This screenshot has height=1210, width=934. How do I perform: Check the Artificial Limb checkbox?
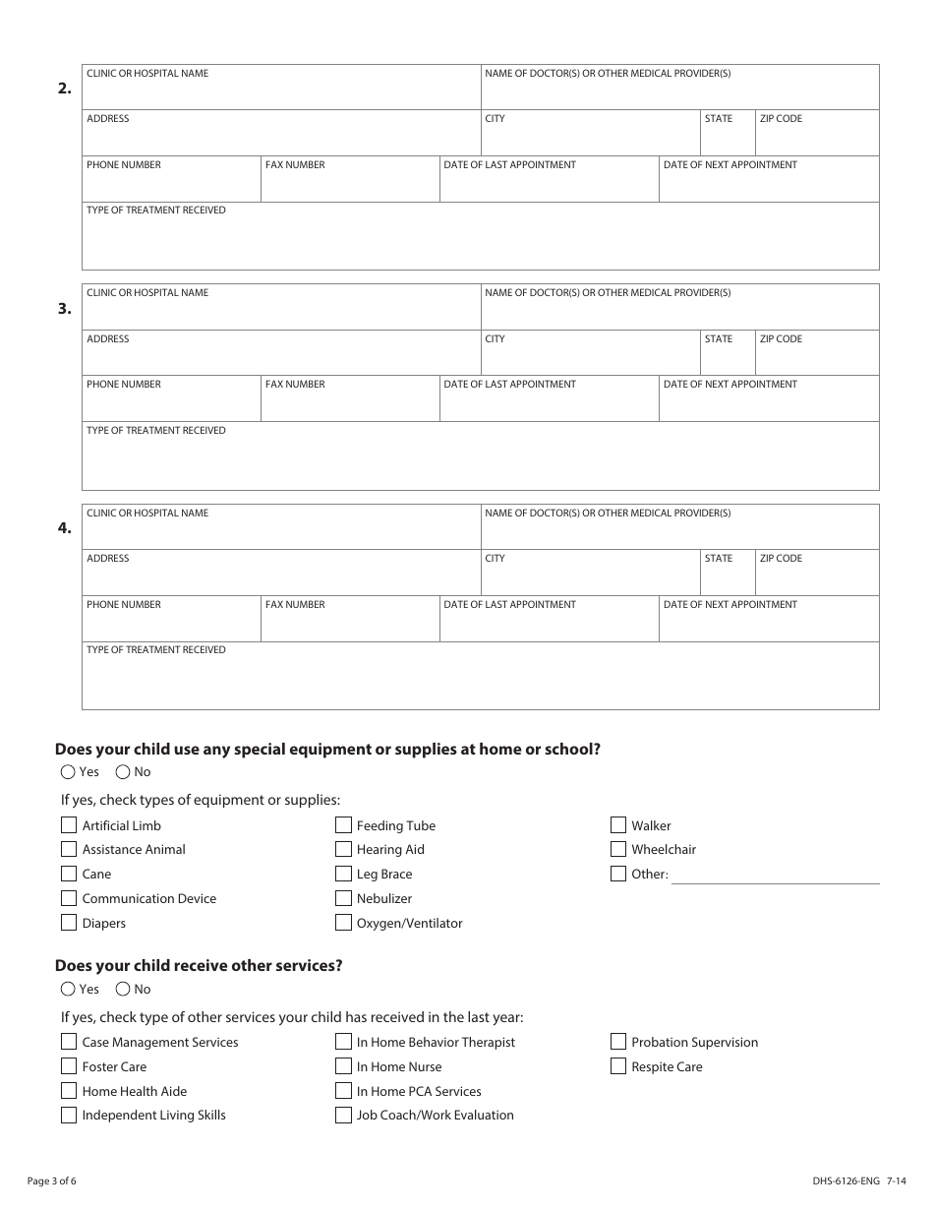69,825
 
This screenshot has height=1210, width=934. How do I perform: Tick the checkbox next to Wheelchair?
618,849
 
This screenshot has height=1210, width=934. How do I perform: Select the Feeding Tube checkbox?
343,825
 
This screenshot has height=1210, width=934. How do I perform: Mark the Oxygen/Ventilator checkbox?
343,923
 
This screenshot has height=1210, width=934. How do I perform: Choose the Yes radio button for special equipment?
68,772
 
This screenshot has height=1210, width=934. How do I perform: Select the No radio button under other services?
123,990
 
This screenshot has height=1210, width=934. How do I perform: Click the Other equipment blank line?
775,875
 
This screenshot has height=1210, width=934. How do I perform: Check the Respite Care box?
618,1066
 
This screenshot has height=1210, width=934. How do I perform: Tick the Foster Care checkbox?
69,1066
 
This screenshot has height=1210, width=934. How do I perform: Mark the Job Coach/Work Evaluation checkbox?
343,1115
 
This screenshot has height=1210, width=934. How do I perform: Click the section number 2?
64,89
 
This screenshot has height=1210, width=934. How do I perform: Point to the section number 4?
64,528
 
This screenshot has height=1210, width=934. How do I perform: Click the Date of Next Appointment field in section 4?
768,625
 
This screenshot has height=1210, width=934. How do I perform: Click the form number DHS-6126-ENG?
840,1180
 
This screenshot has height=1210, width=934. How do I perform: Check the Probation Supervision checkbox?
618,1042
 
